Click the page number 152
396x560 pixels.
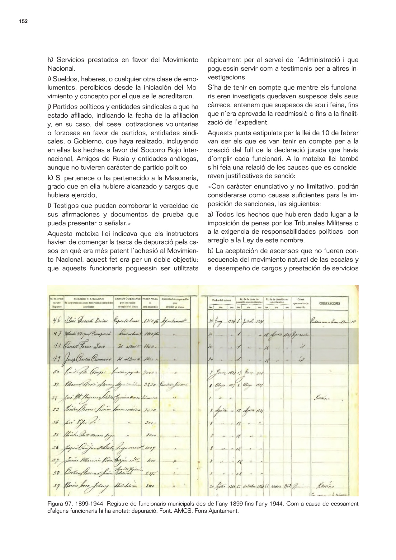[23, 21]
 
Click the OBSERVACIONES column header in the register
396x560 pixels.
[329, 303]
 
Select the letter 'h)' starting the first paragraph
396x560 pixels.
[50, 59]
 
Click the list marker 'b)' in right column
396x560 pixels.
[210, 251]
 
